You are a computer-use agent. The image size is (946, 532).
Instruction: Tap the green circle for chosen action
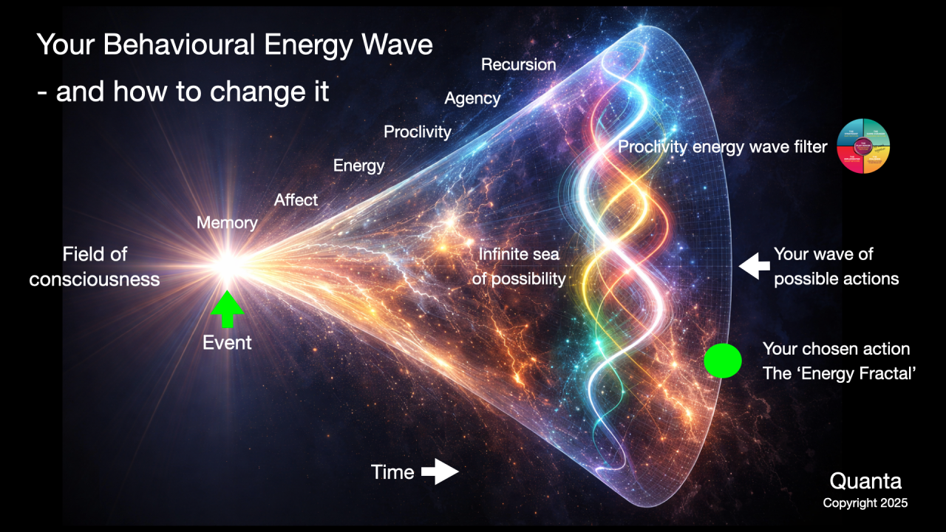click(722, 361)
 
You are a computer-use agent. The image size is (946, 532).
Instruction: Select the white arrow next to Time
click(440, 471)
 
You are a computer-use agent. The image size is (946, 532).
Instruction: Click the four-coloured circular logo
click(862, 146)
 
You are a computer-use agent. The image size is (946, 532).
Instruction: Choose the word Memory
click(227, 222)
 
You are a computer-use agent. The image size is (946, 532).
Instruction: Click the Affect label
click(296, 199)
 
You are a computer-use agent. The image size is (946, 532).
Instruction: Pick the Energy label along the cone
click(358, 166)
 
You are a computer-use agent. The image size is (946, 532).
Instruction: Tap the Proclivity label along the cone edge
click(417, 132)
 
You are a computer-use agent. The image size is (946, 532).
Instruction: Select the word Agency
click(472, 98)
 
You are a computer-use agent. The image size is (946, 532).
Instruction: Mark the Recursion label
click(518, 65)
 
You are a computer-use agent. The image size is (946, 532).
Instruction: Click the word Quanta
click(865, 482)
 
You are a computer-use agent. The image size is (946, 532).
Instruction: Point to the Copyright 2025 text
click(865, 503)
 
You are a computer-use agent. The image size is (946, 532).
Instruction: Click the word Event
click(227, 343)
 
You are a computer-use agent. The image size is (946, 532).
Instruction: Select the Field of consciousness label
click(95, 266)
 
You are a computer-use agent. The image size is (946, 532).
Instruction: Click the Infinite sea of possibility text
click(519, 267)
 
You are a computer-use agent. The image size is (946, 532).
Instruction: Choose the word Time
click(392, 472)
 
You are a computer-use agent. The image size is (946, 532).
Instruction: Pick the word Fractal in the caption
click(891, 373)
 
